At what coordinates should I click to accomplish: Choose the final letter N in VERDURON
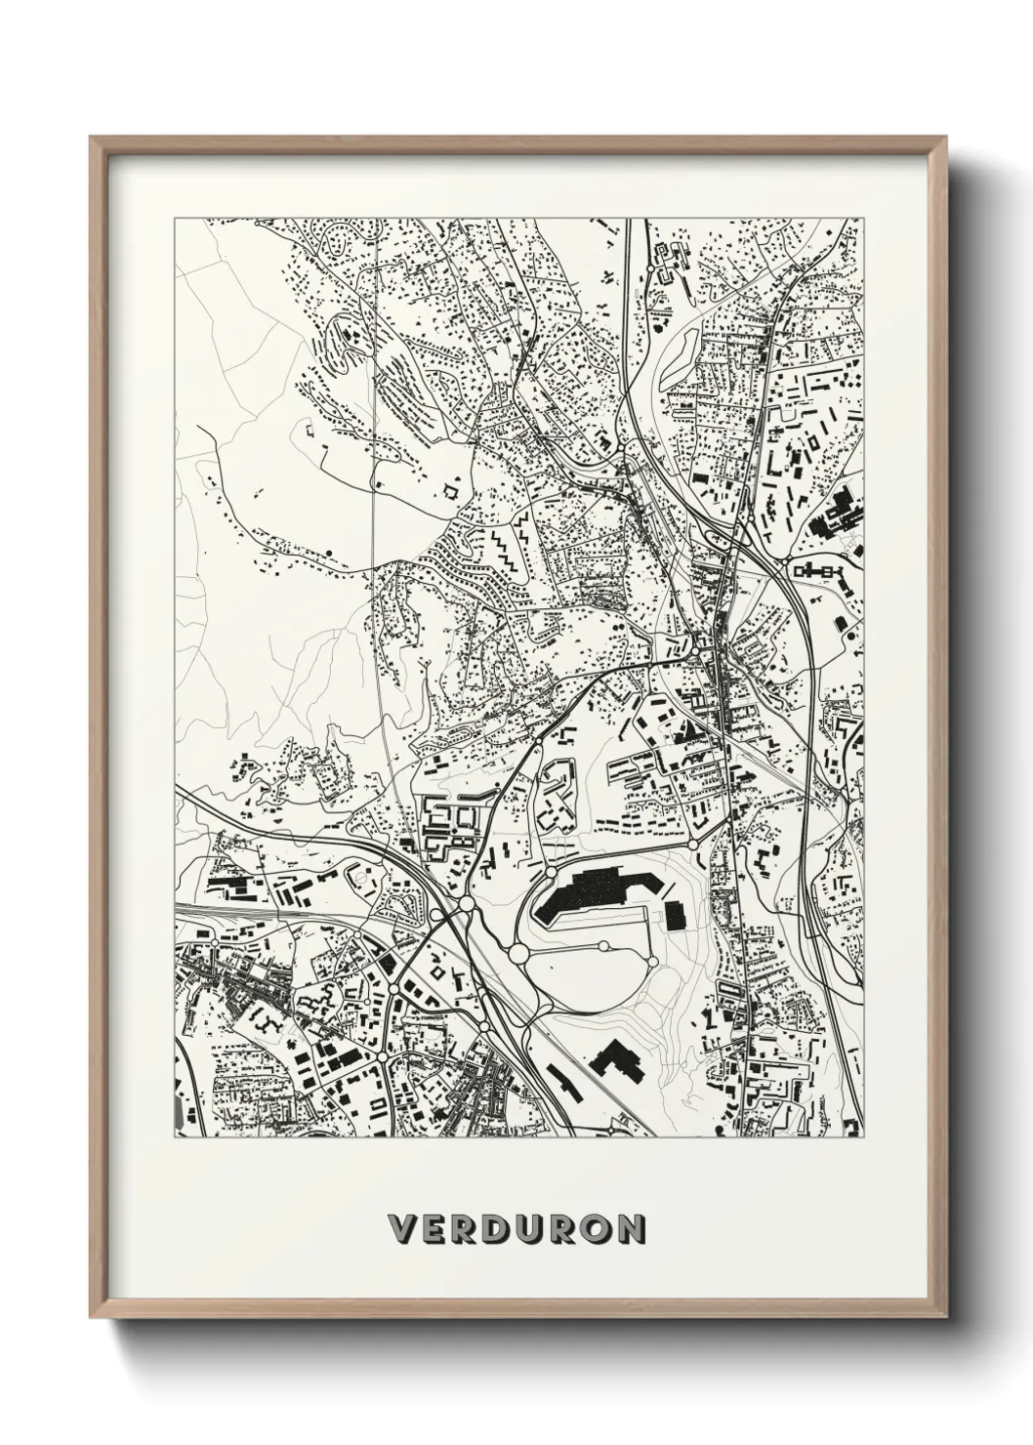(x=632, y=1228)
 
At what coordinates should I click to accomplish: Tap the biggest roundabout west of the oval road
(x=518, y=952)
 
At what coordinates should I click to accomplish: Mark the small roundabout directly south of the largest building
(x=604, y=945)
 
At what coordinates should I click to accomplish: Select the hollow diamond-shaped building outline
(x=451, y=491)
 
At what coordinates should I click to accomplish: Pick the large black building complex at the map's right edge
(x=836, y=514)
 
